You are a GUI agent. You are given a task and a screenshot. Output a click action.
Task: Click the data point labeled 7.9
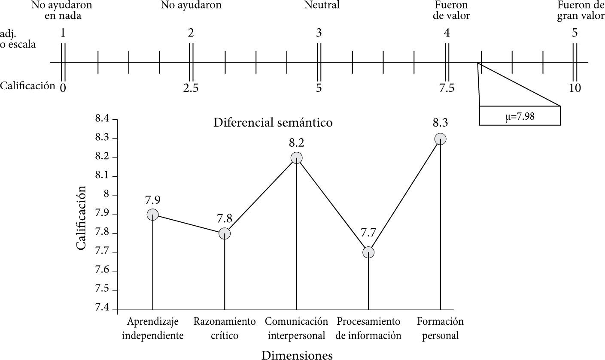152,215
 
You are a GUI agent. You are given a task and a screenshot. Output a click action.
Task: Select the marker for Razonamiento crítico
225,233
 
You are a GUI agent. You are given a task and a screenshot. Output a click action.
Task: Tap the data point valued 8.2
296,158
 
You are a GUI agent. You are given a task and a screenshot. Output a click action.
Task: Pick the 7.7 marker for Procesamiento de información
368,252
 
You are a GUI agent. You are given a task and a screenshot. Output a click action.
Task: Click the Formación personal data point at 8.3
440,139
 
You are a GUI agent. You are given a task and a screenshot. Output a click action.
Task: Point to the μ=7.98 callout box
520,116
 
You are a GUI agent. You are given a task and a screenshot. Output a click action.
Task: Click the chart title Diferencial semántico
273,123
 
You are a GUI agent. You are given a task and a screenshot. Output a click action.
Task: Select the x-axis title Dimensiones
297,355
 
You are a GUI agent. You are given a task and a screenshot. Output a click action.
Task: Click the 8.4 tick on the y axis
103,119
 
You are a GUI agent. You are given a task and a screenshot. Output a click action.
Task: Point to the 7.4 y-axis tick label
103,309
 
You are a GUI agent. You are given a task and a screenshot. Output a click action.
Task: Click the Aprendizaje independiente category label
152,328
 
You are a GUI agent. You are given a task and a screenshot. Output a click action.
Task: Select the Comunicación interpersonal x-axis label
296,328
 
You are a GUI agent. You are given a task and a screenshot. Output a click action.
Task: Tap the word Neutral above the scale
322,5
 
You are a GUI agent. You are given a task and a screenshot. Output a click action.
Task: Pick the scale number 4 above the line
447,33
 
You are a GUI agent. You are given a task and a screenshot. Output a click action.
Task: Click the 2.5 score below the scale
191,88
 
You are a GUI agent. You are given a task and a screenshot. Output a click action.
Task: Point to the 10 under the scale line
575,88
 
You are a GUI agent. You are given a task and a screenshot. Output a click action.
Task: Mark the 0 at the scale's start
63,88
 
